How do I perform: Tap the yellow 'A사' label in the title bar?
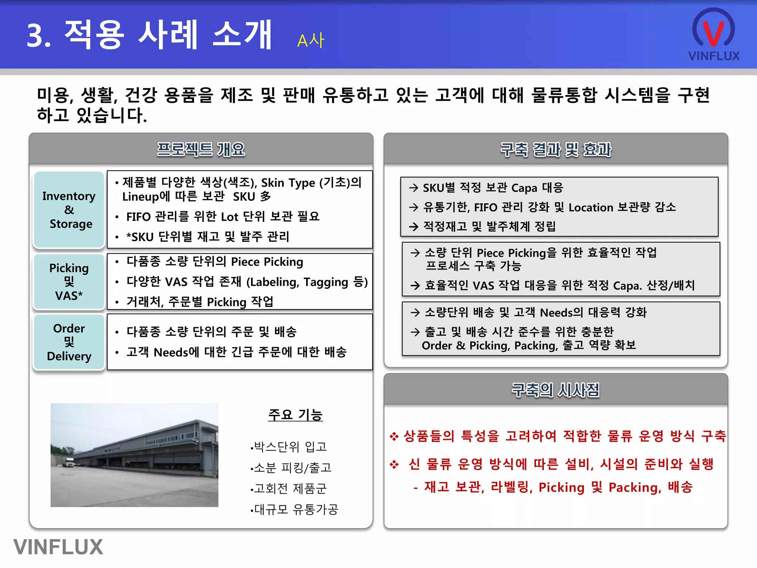(x=310, y=41)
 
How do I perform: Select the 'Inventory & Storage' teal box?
(x=69, y=210)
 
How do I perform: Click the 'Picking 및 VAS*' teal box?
(x=69, y=281)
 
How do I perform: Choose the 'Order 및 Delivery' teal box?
(x=69, y=342)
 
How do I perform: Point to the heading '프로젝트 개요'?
(x=201, y=149)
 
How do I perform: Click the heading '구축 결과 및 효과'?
(x=556, y=149)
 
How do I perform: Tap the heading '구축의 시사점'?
(x=556, y=390)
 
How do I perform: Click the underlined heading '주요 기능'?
(x=295, y=415)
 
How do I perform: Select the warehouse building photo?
(x=135, y=455)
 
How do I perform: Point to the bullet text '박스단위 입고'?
(x=291, y=447)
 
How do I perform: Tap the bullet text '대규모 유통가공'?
(x=296, y=510)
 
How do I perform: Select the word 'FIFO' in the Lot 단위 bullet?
(x=139, y=217)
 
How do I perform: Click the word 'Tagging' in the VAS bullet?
(x=326, y=282)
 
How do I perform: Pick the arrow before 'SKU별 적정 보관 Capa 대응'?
(x=414, y=188)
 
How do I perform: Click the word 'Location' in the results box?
(x=591, y=207)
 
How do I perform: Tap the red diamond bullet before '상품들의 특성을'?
(x=394, y=436)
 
